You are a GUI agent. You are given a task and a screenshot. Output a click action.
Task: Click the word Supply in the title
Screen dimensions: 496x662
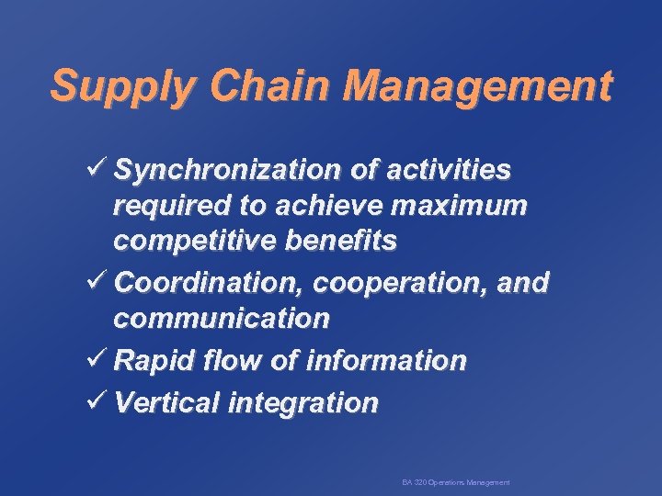coord(124,86)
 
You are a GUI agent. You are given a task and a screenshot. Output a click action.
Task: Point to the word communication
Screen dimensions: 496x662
coord(221,319)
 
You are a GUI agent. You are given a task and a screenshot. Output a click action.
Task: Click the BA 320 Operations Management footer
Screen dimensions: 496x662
coord(456,482)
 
